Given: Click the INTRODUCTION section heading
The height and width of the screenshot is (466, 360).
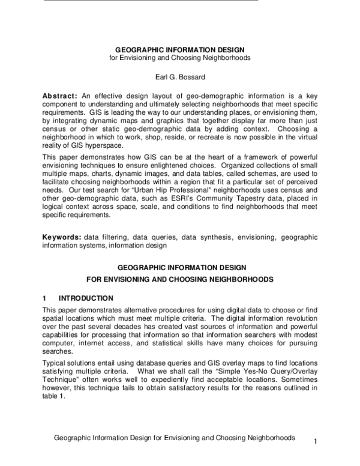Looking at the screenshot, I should (x=86, y=298).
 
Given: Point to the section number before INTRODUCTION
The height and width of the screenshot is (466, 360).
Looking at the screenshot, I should (x=44, y=298).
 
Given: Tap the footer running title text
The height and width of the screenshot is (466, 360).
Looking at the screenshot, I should (x=174, y=438).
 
